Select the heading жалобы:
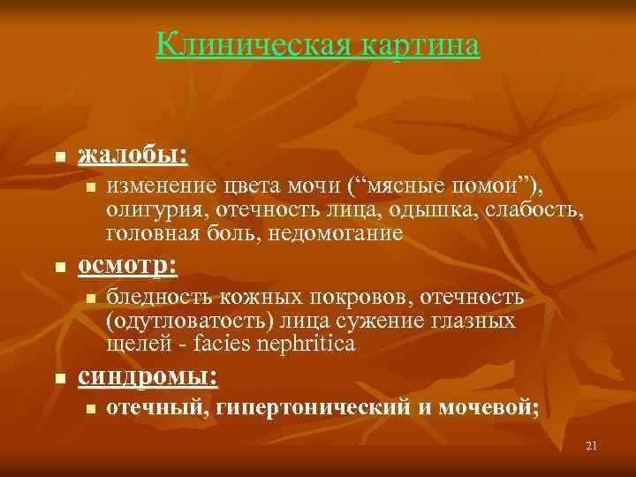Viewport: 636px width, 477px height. [132, 155]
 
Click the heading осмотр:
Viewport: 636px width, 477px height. [127, 265]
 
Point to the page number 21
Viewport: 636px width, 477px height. [591, 446]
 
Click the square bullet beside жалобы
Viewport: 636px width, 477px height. [59, 158]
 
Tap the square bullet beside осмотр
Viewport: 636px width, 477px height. [59, 268]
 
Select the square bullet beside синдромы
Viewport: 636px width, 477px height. [59, 379]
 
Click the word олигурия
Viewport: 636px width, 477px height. [151, 209]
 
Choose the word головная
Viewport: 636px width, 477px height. [150, 233]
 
